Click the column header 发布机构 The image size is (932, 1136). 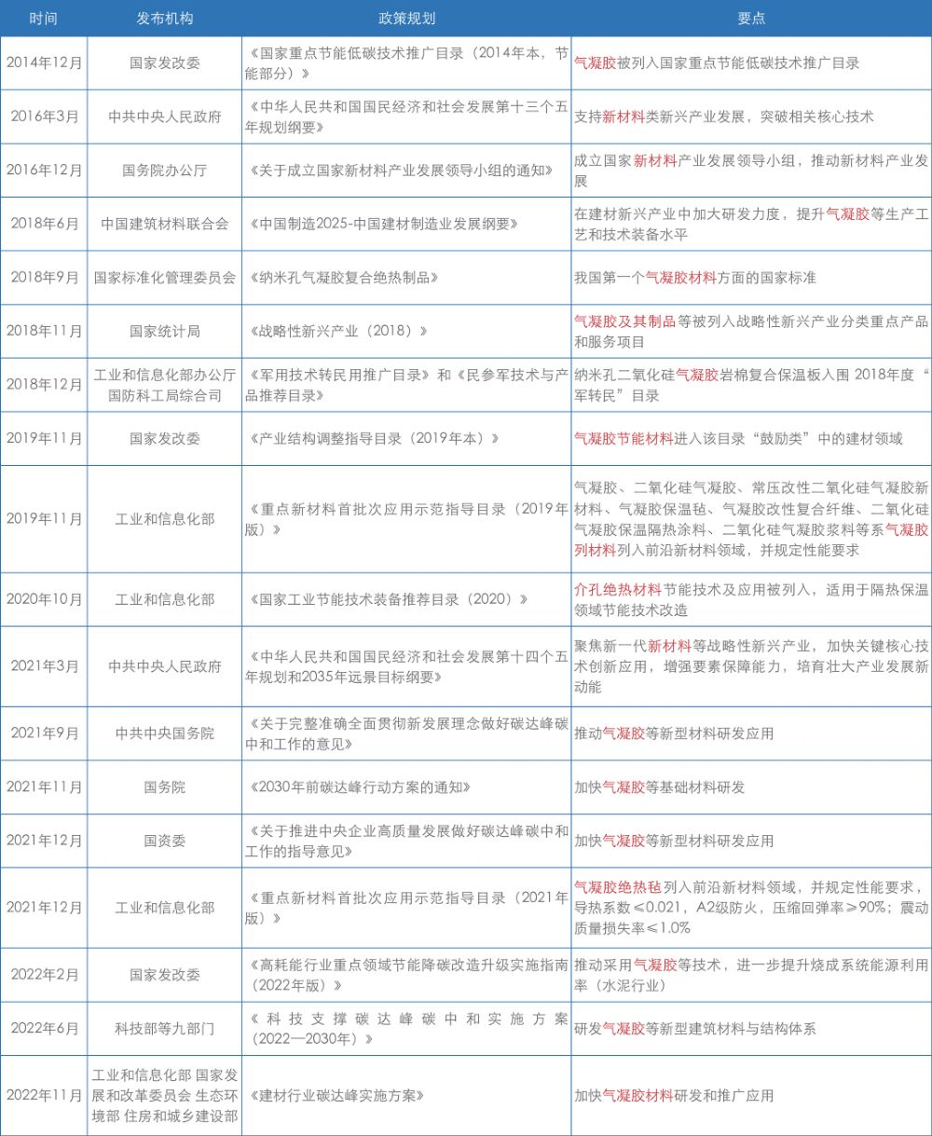click(164, 18)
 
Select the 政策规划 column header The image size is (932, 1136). click(406, 18)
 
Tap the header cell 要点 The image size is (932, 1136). click(751, 18)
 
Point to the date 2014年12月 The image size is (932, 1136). click(44, 63)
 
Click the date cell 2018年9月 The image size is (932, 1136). click(44, 278)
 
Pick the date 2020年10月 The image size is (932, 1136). click(44, 599)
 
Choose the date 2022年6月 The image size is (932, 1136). click(44, 1029)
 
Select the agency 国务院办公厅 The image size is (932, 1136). click(164, 171)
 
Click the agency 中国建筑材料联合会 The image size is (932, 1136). click(164, 225)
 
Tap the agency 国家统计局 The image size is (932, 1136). click(164, 331)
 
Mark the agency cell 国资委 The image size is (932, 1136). click(164, 841)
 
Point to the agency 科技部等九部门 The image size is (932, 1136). click(164, 1029)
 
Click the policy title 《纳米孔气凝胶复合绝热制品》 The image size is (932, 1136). click(342, 278)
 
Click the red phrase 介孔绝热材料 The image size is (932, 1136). click(617, 590)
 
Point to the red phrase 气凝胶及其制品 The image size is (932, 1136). click(624, 322)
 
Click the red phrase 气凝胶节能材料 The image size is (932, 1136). click(624, 439)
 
